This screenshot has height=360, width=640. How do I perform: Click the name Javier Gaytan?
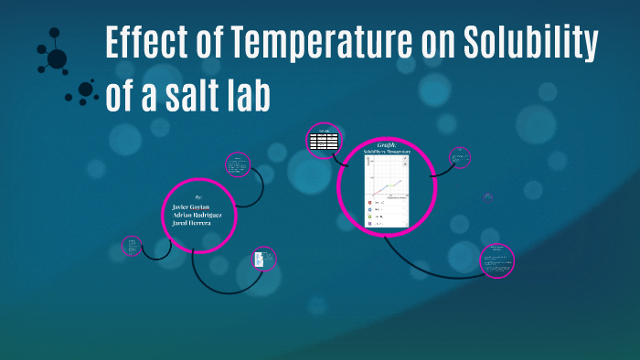coord(191,207)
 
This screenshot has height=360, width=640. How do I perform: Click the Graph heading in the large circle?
coord(385,145)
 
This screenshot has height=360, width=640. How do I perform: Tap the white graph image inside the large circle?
coord(387,193)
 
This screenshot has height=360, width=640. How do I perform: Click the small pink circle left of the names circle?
coord(133,245)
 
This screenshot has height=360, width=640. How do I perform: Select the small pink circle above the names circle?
coord(237,164)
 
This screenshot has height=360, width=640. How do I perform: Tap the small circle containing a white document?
coord(263,259)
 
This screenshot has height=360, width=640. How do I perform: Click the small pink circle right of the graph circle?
coord(460,158)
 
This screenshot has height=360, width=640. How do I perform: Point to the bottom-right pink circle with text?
coord(497,259)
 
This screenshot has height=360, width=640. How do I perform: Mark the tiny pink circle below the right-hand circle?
coord(488,196)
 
